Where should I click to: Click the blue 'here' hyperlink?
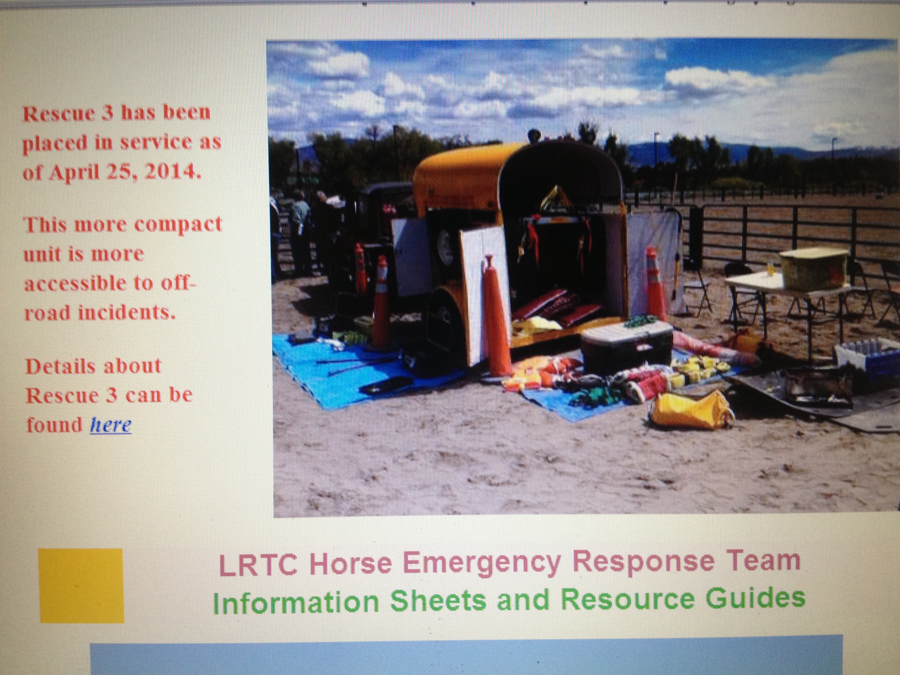click(x=111, y=425)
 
